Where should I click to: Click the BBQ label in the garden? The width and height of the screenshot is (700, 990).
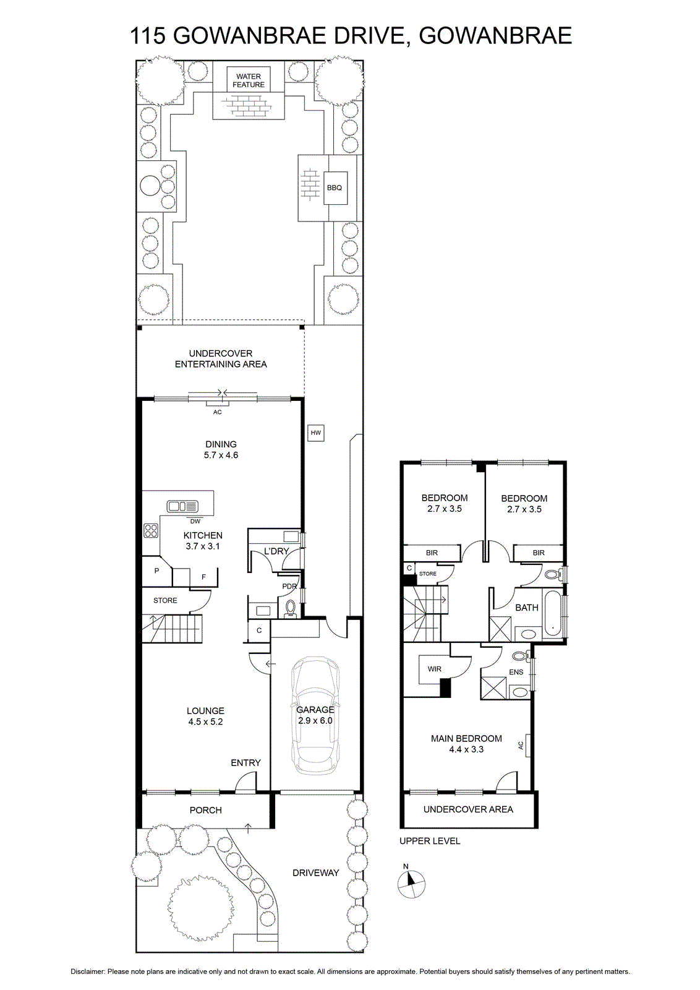(335, 188)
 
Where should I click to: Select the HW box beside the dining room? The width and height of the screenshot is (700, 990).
(316, 433)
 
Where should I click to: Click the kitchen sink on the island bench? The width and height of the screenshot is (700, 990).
(182, 507)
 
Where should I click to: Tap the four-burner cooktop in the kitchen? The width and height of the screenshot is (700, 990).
(151, 530)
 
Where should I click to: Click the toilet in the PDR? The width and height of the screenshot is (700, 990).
(290, 609)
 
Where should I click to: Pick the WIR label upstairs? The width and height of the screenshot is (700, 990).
(435, 669)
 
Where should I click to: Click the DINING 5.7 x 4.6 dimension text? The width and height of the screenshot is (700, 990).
(221, 455)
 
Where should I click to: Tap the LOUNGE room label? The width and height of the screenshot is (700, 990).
(205, 711)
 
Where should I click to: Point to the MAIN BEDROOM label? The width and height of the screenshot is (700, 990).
(466, 739)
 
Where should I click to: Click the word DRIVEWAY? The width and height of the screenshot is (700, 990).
(316, 873)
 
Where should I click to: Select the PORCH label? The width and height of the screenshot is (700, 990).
(206, 810)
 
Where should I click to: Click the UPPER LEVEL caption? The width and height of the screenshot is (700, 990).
(430, 841)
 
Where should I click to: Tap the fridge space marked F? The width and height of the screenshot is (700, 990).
(203, 577)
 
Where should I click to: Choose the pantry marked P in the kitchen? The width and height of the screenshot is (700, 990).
(156, 570)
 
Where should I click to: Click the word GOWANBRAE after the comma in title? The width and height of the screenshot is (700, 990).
(495, 36)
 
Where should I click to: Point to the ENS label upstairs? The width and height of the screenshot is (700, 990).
(516, 672)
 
